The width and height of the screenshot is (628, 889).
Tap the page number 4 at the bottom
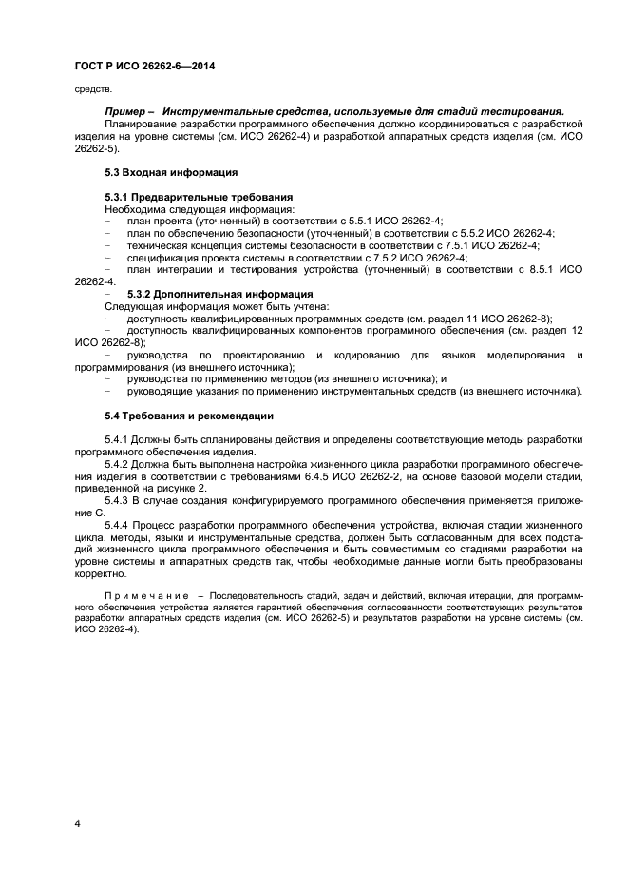pos(78,823)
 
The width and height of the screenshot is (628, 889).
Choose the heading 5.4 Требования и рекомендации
pos(189,416)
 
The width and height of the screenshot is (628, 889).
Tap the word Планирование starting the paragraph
pos(139,125)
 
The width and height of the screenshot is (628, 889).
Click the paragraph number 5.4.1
pos(118,439)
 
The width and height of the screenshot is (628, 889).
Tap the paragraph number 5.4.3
pos(118,500)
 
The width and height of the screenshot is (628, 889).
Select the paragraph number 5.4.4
pos(118,525)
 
